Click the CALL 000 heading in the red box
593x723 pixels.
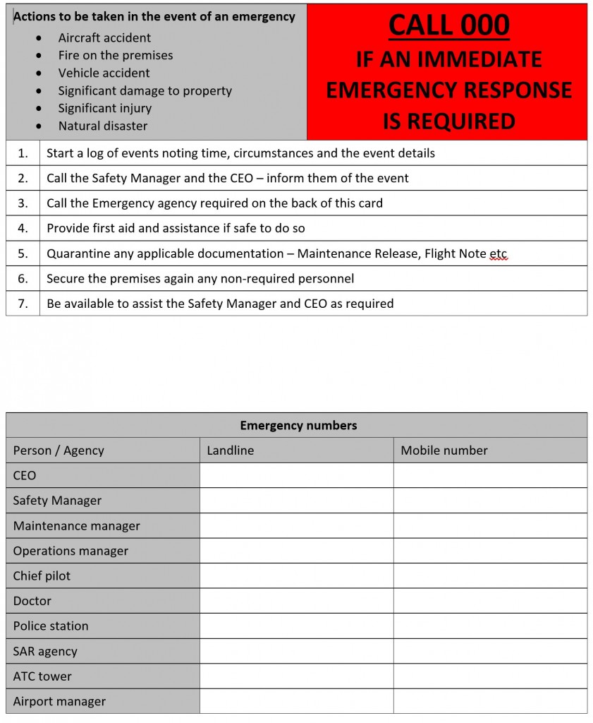click(x=448, y=25)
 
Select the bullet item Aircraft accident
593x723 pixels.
click(x=104, y=38)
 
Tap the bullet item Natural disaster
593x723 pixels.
click(x=103, y=126)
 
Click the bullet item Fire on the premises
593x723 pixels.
click(x=115, y=56)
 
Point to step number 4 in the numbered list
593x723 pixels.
click(x=23, y=228)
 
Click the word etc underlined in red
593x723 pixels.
click(x=498, y=253)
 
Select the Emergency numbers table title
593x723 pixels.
click(x=298, y=425)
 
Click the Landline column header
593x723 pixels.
click(x=231, y=450)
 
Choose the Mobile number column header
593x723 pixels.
click(x=444, y=450)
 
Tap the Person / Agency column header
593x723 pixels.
click(x=59, y=450)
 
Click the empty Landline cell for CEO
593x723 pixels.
click(x=296, y=475)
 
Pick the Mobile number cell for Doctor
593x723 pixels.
click(x=490, y=601)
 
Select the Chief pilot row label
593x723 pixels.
click(x=42, y=576)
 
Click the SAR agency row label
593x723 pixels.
click(x=45, y=651)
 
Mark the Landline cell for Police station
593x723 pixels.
click(x=296, y=626)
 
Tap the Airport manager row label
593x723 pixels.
click(x=59, y=701)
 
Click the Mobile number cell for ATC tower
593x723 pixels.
click(x=490, y=676)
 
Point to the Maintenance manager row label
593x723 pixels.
click(x=76, y=526)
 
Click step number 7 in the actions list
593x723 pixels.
click(x=23, y=304)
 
